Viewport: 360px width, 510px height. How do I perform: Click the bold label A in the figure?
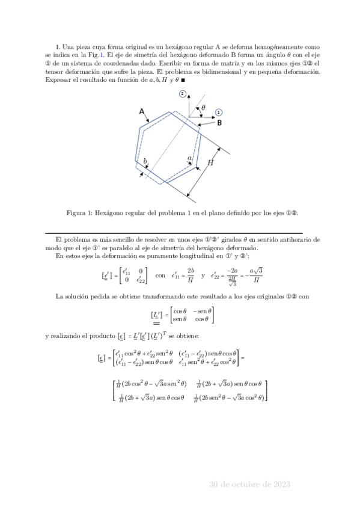(x=141, y=111)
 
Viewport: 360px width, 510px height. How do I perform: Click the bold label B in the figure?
(x=220, y=123)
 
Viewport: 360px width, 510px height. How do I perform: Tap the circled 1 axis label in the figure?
(x=219, y=112)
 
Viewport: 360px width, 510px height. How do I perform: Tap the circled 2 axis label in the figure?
(x=182, y=94)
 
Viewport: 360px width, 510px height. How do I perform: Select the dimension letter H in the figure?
(x=210, y=162)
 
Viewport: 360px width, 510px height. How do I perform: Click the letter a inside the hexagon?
(x=190, y=158)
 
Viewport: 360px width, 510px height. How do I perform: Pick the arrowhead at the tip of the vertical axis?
(x=189, y=96)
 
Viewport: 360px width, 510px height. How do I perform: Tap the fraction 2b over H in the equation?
(x=207, y=275)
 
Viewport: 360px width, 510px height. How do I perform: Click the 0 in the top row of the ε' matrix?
(x=140, y=271)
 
